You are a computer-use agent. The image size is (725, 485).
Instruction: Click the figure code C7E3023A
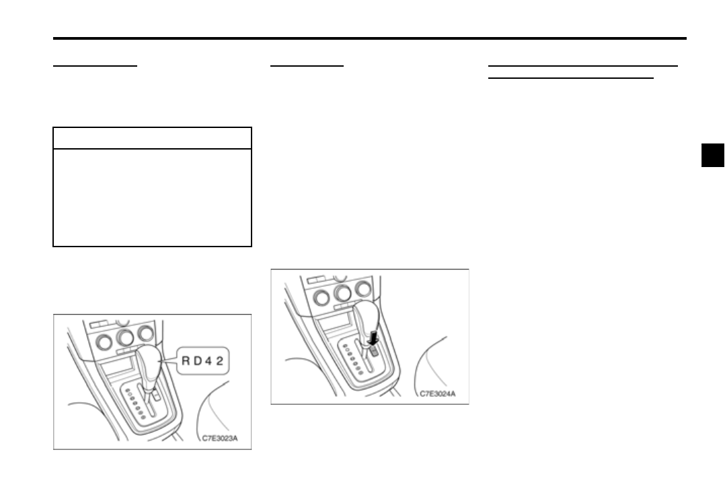click(x=220, y=439)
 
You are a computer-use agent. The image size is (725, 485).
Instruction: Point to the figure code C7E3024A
click(x=437, y=393)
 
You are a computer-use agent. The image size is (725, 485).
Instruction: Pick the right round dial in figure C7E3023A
click(x=145, y=333)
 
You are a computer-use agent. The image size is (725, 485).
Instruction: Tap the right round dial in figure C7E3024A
click(x=363, y=288)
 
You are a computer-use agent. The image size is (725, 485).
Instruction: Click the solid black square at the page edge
click(x=712, y=155)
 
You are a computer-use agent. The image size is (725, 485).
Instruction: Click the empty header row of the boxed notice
click(x=152, y=138)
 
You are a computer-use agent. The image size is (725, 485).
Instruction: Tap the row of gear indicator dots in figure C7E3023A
click(x=135, y=405)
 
